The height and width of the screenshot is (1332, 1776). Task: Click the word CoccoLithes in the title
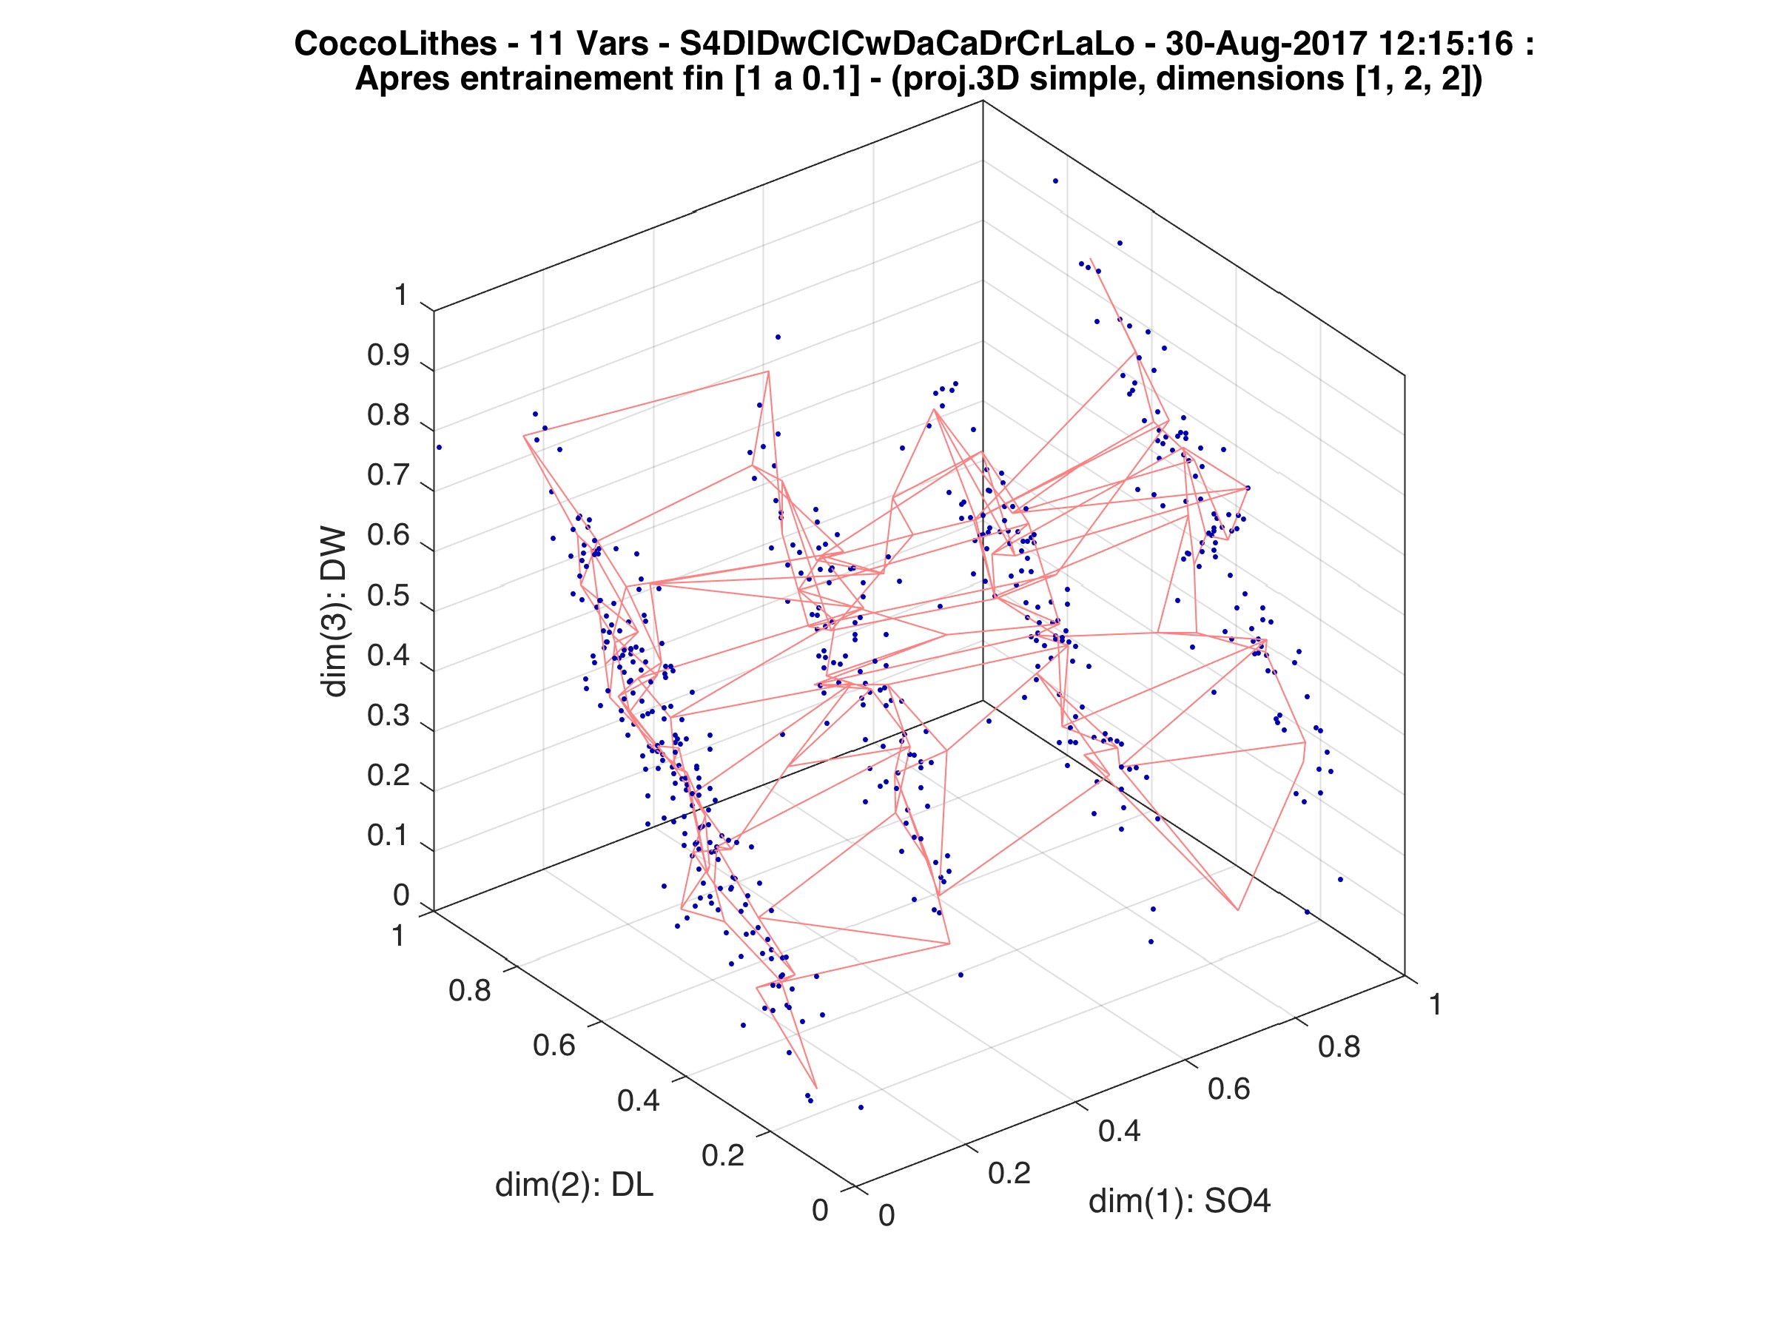395,44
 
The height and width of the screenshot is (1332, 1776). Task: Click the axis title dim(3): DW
334,612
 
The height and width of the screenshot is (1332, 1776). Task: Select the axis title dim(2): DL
574,1185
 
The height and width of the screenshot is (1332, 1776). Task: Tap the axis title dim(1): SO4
1180,1201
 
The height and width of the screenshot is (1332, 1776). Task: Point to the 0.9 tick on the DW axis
388,356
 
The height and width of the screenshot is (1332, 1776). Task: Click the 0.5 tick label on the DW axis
388,596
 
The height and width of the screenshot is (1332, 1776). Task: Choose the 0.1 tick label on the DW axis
388,835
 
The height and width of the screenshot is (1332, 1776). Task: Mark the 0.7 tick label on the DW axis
388,475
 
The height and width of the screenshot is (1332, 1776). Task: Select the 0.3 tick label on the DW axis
388,716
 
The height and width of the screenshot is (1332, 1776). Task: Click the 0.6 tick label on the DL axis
554,1046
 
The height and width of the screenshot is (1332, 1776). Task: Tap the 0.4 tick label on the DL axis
639,1100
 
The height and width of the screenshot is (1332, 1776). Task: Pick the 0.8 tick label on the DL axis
470,991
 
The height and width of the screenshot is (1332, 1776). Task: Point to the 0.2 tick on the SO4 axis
1009,1173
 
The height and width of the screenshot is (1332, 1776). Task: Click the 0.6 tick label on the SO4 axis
1229,1089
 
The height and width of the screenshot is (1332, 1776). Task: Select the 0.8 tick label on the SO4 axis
1339,1047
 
